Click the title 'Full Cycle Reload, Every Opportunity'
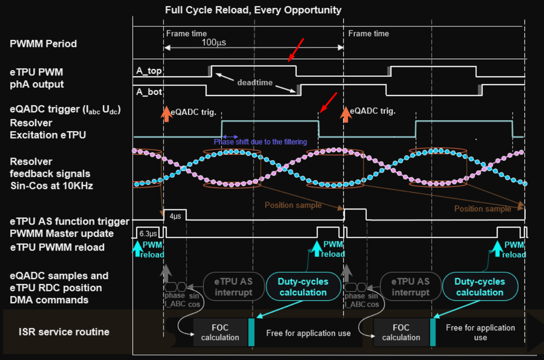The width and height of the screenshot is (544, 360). (x=253, y=10)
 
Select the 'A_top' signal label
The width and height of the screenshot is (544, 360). (x=149, y=70)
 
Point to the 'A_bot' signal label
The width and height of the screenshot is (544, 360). (x=149, y=91)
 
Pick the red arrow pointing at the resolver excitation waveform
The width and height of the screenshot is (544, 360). (x=328, y=103)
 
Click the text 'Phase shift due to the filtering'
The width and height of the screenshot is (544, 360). (x=260, y=142)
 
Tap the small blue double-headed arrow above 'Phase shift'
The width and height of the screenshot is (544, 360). (x=229, y=136)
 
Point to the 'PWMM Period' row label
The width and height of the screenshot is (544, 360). (x=43, y=44)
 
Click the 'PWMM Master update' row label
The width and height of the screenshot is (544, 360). (x=62, y=233)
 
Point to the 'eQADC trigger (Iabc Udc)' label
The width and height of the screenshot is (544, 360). (x=65, y=110)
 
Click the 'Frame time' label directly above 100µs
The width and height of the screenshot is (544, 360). (x=186, y=34)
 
